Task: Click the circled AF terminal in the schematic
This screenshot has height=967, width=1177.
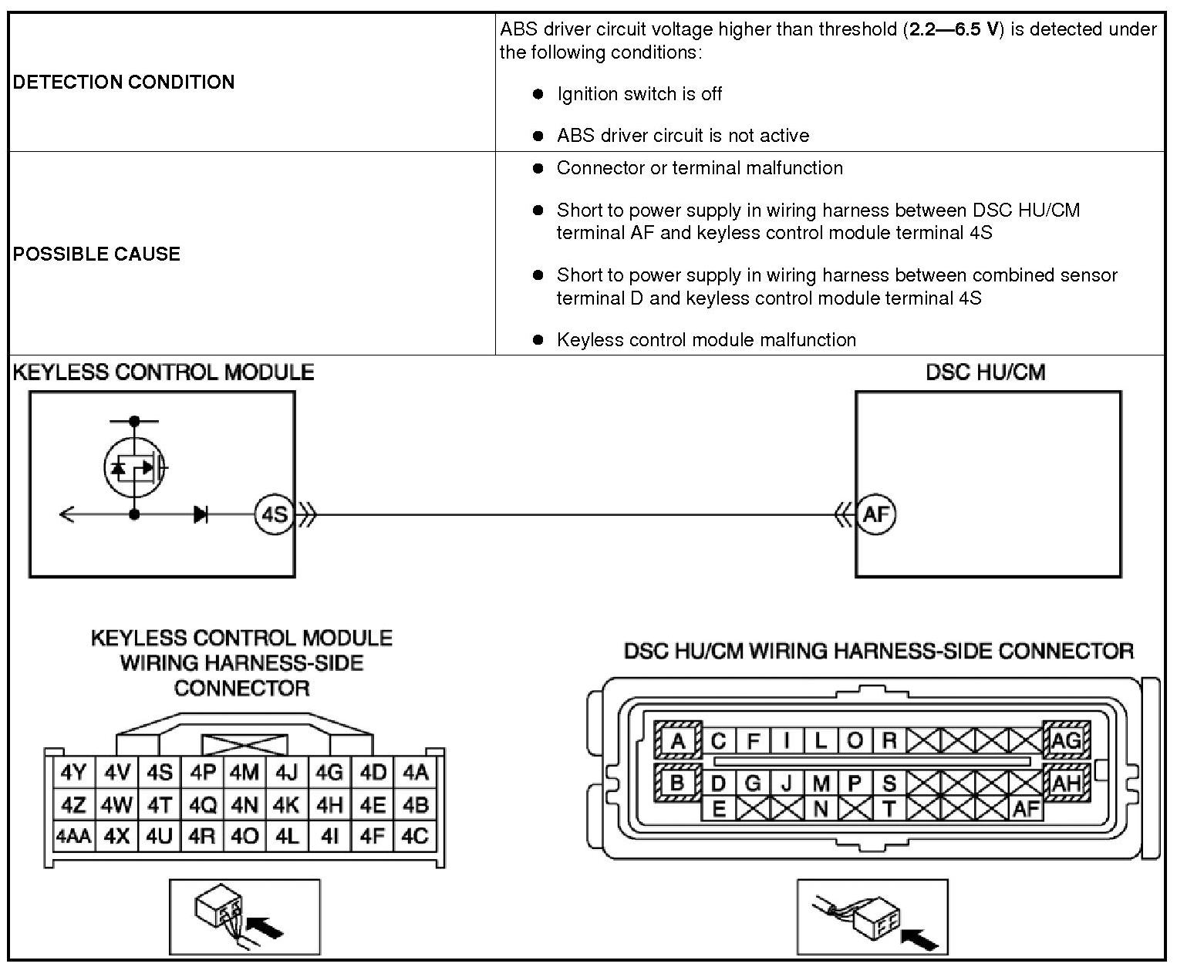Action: coord(876,514)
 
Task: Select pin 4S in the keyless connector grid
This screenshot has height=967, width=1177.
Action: coord(160,773)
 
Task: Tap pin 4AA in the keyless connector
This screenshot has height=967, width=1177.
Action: coord(73,836)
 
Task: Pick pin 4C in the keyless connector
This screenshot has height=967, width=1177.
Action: coord(415,836)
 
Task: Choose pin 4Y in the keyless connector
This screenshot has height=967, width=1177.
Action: coord(73,773)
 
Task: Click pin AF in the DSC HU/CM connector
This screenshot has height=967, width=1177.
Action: coord(1026,808)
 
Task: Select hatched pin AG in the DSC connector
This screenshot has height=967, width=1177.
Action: coord(1066,741)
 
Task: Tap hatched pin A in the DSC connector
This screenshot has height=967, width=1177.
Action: coord(677,741)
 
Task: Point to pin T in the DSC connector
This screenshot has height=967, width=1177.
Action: coord(889,808)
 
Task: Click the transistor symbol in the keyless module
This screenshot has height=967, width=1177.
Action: coord(135,467)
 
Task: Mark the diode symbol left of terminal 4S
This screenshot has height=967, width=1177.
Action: coord(201,514)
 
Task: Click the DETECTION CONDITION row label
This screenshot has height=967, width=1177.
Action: coord(123,83)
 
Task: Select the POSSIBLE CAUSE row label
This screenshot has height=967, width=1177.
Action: coord(96,254)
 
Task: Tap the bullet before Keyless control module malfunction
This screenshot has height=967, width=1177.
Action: coord(538,340)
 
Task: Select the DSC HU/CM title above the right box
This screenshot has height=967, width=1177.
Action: coord(985,373)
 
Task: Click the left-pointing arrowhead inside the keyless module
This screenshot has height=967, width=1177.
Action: coord(66,514)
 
